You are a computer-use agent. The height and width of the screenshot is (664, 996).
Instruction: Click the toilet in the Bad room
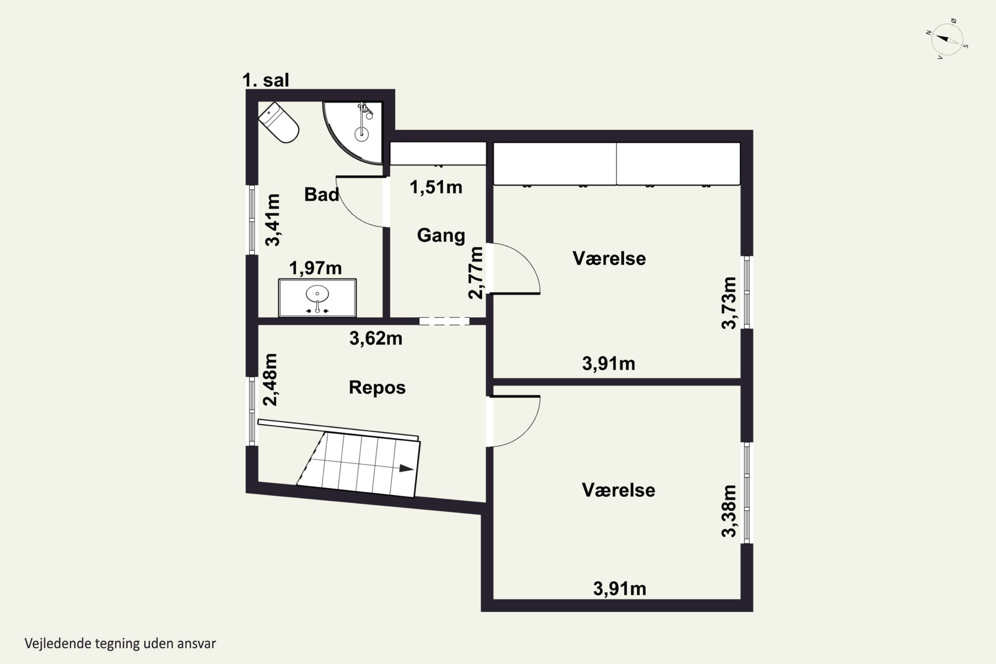(x=279, y=123)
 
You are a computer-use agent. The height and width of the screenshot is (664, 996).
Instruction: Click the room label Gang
(x=441, y=235)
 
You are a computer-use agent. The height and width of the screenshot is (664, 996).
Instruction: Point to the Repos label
(x=377, y=387)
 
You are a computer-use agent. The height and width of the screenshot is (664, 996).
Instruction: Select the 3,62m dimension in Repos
(x=375, y=338)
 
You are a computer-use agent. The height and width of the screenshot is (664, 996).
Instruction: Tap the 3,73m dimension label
(x=729, y=303)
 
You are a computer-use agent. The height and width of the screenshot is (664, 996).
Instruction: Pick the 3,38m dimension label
(x=729, y=511)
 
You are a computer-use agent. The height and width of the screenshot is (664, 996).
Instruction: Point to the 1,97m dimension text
(x=315, y=268)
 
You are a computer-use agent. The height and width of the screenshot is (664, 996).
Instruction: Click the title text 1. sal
(x=266, y=80)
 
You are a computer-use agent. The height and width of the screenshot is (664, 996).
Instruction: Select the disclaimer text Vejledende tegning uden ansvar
(x=120, y=643)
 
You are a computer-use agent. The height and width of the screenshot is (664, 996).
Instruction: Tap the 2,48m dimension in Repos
(x=270, y=379)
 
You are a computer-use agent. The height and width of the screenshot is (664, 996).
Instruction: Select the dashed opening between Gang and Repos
(x=444, y=321)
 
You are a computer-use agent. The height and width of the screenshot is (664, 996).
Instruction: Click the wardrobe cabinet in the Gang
(x=438, y=153)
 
